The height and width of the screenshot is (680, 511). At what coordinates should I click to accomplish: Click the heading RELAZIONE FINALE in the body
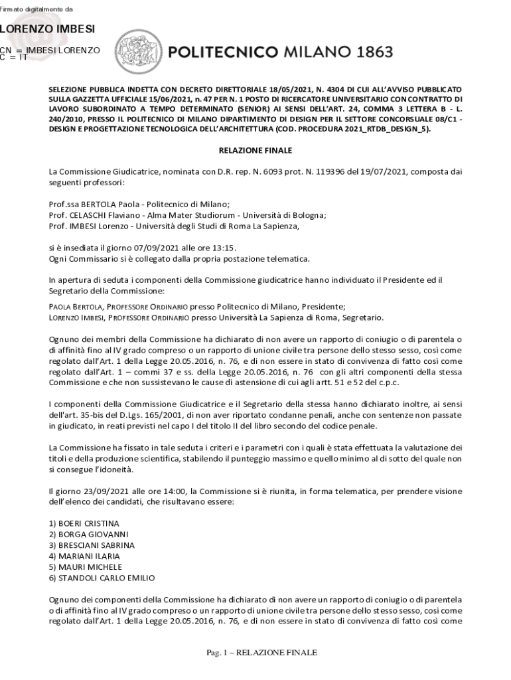click(256, 150)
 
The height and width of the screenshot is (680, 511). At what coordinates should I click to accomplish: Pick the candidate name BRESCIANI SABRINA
click(92, 545)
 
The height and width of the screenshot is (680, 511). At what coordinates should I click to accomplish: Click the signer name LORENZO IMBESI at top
click(47, 29)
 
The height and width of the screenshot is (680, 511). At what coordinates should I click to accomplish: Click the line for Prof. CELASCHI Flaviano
click(187, 215)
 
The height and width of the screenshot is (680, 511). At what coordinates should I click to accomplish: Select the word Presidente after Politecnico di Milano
click(324, 307)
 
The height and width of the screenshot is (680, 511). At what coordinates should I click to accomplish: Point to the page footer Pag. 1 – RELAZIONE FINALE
click(261, 652)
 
